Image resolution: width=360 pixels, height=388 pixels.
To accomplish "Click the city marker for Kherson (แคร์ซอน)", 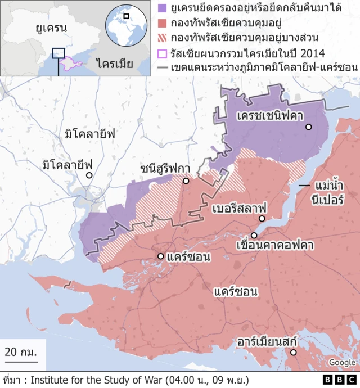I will (x=161, y=256).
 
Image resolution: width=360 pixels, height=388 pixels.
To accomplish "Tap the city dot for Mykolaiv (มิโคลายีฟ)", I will (x=89, y=175).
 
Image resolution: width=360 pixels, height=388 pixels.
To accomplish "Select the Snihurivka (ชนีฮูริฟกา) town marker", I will (x=186, y=181).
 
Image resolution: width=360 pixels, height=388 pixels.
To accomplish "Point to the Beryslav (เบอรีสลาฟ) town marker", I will (x=262, y=219).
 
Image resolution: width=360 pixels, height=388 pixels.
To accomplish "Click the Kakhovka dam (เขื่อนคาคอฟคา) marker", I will (x=254, y=235).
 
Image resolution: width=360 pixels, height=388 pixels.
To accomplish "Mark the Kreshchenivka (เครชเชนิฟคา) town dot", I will (x=308, y=128).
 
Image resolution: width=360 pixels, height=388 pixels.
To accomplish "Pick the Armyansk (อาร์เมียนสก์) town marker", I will (x=293, y=353).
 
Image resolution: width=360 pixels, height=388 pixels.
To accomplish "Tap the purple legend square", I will (x=163, y=9).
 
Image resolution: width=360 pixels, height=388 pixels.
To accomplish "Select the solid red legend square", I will (x=163, y=24).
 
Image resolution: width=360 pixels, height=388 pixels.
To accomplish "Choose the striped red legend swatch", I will (x=163, y=39).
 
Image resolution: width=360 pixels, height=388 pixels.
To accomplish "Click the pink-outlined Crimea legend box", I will (x=163, y=54).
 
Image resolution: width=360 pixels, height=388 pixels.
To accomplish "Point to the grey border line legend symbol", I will (x=163, y=68).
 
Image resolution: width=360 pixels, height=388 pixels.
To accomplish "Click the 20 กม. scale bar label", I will (x=21, y=352).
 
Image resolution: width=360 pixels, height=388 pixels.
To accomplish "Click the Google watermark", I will (x=342, y=363).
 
